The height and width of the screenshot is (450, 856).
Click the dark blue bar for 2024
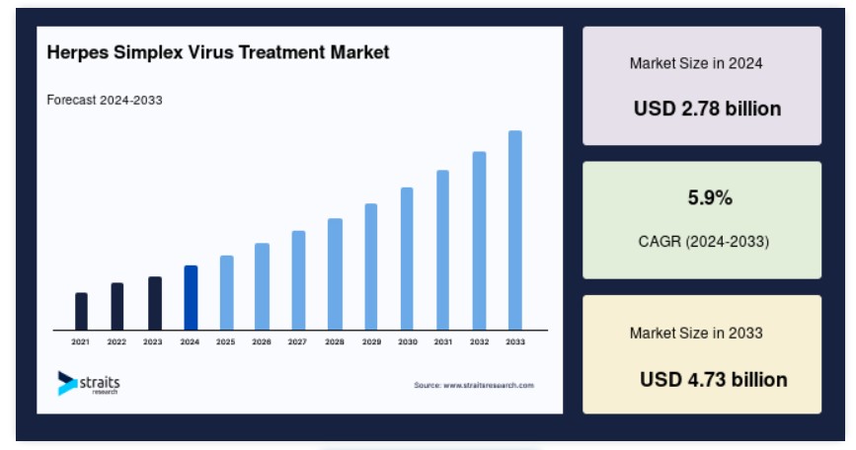tap(191, 298)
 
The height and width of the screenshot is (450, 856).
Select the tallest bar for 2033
tap(514, 230)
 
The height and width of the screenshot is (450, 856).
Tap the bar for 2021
tap(81, 312)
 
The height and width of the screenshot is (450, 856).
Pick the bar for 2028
tap(335, 274)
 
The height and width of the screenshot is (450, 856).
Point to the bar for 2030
tap(407, 259)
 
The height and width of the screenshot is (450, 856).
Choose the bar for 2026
tap(262, 286)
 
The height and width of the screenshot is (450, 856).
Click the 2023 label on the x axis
tap(153, 342)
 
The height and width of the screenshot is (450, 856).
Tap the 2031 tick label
tap(443, 342)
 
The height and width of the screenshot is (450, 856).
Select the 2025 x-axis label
tap(225, 342)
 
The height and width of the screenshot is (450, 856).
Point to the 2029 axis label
tap(372, 342)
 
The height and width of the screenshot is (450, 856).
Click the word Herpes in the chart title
tap(78, 53)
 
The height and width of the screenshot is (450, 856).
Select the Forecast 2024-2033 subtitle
tap(105, 101)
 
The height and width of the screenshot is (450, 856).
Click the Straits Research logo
tap(89, 383)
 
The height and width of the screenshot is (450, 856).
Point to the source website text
tap(474, 385)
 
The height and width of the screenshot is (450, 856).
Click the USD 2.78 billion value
tap(708, 109)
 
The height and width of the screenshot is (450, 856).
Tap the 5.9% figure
tap(710, 197)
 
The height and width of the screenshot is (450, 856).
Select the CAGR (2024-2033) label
tap(704, 241)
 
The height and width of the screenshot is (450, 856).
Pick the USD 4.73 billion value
tap(714, 380)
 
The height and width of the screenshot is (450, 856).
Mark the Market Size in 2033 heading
tap(696, 333)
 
